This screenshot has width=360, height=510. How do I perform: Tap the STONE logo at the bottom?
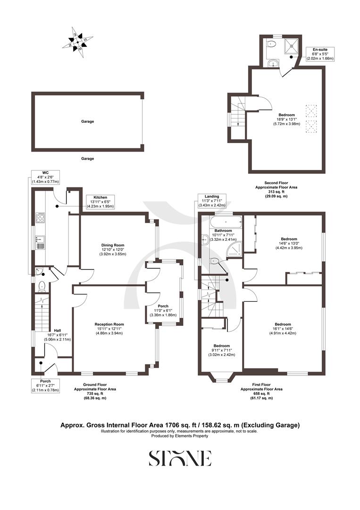[x=180, y=458]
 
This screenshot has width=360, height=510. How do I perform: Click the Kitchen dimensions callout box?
[x=100, y=202]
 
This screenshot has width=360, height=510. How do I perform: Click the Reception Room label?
[x=109, y=329]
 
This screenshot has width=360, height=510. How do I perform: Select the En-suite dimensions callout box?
[x=320, y=54]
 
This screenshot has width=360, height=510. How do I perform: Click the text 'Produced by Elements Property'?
[x=180, y=436]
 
